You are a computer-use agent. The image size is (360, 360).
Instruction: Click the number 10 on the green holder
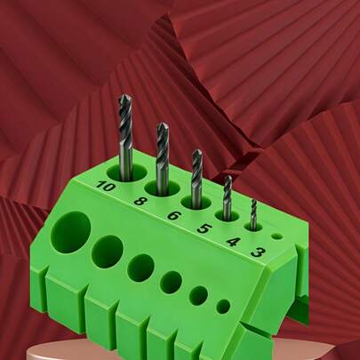[x=105, y=187]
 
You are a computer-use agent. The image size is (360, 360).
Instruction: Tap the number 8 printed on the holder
[x=140, y=202]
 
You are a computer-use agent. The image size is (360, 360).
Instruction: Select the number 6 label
[x=173, y=215]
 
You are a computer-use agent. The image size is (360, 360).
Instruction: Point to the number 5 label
[x=204, y=228]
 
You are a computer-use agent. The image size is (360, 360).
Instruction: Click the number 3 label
[x=258, y=252]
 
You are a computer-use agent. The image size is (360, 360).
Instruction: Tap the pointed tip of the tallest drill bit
[x=125, y=95]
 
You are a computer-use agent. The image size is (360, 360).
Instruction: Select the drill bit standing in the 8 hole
[x=163, y=158]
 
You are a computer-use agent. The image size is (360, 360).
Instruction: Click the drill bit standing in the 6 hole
[x=196, y=178]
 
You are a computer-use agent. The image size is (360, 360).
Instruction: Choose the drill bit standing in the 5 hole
[x=228, y=197]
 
